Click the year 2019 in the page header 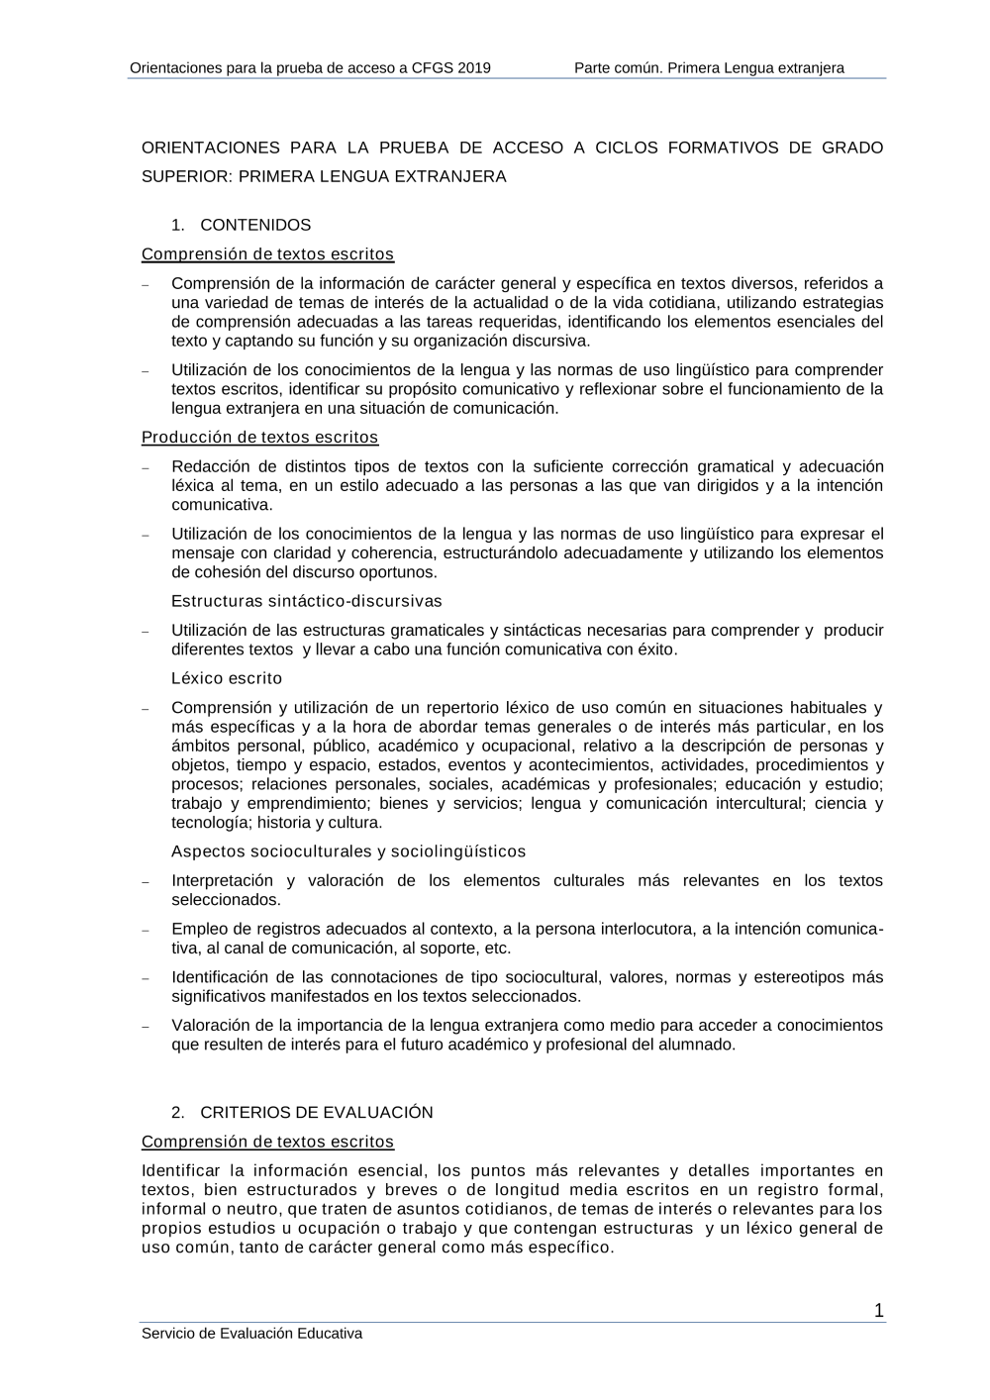473,68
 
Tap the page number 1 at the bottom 879,1312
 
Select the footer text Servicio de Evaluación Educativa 251,1334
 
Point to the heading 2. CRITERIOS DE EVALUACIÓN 302,1113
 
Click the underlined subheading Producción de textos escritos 259,438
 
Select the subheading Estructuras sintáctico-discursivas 307,602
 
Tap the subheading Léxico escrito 227,679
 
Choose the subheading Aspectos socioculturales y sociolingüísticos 348,852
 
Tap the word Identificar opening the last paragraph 181,1171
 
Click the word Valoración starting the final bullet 211,1026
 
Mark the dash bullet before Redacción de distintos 146,468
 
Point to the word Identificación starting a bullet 219,978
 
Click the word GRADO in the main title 852,149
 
